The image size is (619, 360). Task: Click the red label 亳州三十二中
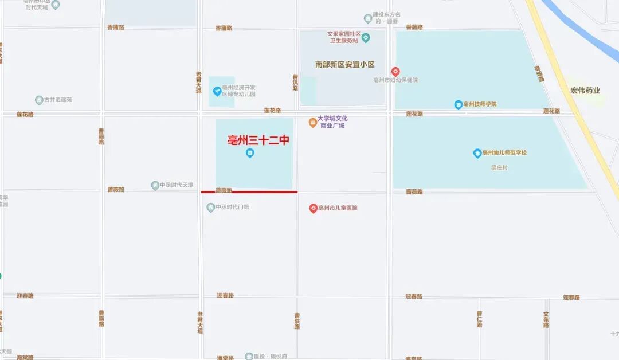pos(258,140)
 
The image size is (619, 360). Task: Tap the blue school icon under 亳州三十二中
pos(250,153)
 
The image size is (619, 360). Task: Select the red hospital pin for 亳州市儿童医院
pos(313,208)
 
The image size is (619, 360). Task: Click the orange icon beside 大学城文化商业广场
pos(313,123)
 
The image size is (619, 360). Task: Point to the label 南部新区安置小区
pos(344,65)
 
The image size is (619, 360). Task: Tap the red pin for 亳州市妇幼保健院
pos(395,72)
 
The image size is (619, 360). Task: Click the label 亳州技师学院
pos(480,104)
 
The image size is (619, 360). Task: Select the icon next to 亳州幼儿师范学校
pos(477,153)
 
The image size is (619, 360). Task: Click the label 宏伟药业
pos(585,91)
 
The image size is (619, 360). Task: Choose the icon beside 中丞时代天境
pos(155,185)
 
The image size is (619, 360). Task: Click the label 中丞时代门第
pos(232,208)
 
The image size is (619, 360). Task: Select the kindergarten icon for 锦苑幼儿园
pos(217,91)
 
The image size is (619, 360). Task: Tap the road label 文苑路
pos(546,319)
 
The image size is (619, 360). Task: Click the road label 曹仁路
pos(479,319)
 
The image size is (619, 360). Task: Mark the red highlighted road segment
pos(249,192)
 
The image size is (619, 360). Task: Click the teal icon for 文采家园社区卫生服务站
pos(366,38)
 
